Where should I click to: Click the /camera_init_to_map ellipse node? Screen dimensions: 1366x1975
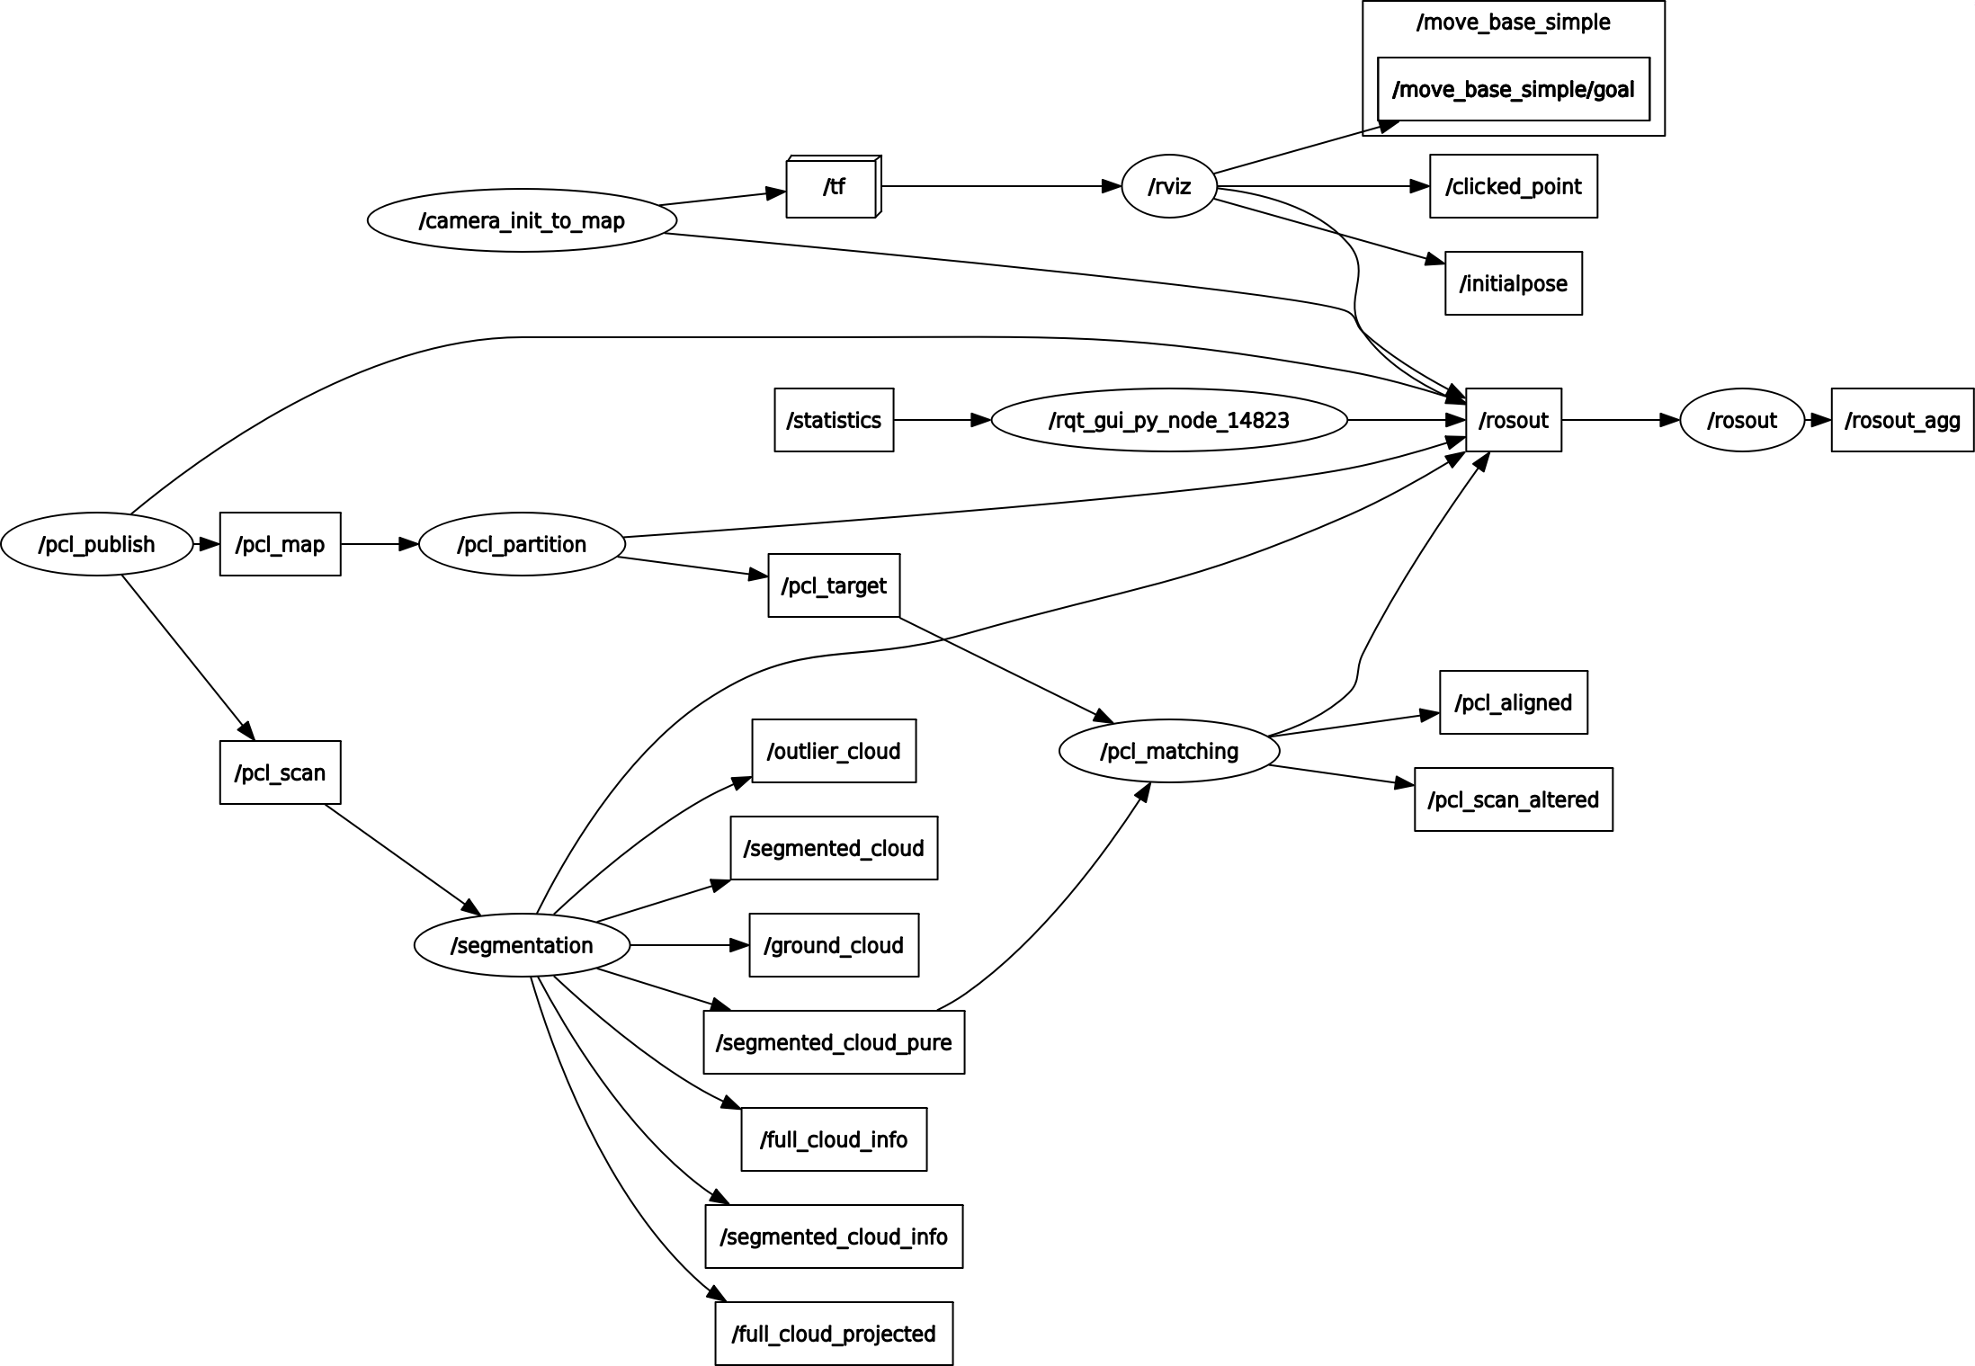coord(522,220)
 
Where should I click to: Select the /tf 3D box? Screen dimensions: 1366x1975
coord(833,187)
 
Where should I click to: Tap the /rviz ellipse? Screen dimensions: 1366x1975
coord(1169,187)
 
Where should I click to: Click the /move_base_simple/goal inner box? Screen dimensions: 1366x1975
coord(1513,89)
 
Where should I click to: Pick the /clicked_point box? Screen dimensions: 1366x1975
coord(1513,186)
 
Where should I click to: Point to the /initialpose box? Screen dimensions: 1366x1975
coord(1513,283)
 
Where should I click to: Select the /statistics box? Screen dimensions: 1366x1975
coord(834,420)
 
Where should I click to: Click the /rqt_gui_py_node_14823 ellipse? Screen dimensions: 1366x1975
coord(1169,420)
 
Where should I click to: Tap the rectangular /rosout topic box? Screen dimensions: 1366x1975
coord(1513,420)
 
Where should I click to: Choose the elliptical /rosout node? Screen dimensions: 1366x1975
coord(1742,420)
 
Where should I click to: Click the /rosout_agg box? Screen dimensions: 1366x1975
coord(1902,420)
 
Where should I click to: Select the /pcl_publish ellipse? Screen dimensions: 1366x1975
coord(97,544)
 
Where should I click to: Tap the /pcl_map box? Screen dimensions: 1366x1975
coord(280,544)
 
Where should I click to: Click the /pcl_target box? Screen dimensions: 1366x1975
coord(834,585)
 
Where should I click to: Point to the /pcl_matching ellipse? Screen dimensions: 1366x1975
coord(1169,751)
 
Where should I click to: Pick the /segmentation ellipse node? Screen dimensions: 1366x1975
coord(522,945)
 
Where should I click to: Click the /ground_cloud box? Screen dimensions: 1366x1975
coord(834,945)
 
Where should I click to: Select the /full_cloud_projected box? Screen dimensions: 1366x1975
coord(834,1334)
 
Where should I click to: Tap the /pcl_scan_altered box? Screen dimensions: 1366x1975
coord(1513,799)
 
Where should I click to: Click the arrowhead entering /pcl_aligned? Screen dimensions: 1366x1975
coord(1430,716)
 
